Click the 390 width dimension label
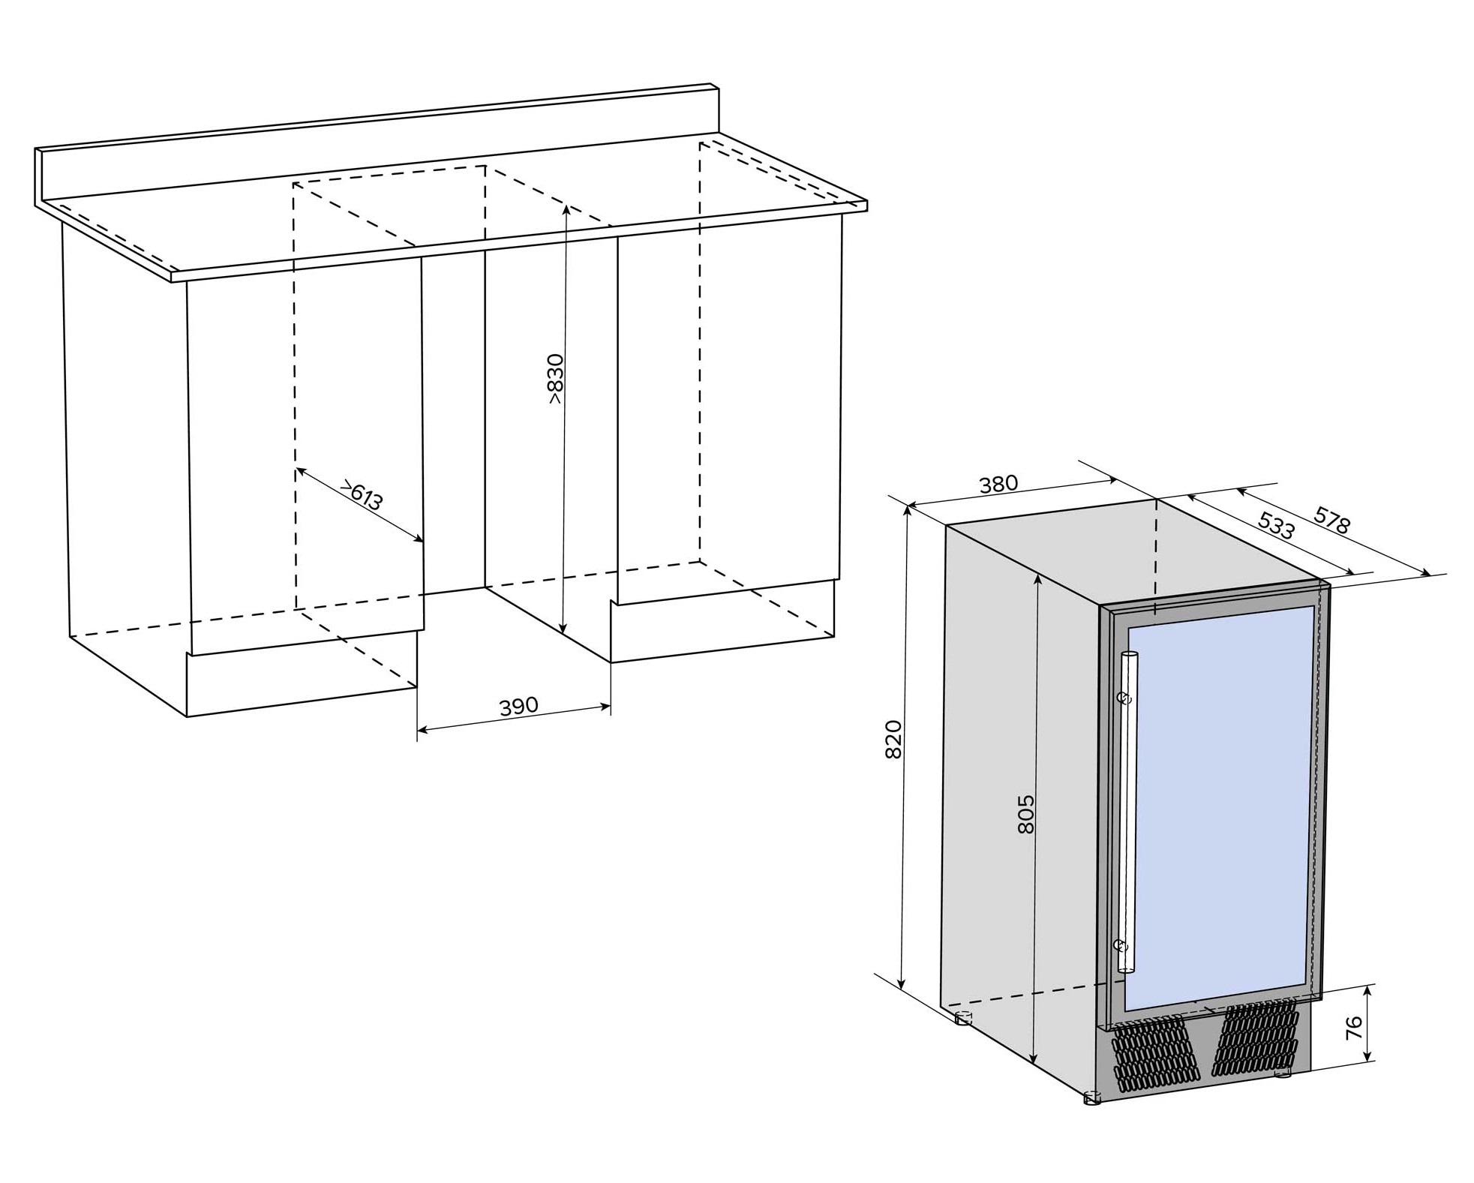(x=518, y=706)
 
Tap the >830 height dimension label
(x=555, y=379)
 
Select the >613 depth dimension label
(x=362, y=496)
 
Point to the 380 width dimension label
(x=999, y=485)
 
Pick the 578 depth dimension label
(x=1332, y=520)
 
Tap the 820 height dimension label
(x=893, y=740)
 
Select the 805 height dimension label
(x=1026, y=814)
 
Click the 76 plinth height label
(x=1354, y=1027)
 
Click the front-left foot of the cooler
(x=1092, y=1099)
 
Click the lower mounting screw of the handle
(x=1121, y=945)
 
